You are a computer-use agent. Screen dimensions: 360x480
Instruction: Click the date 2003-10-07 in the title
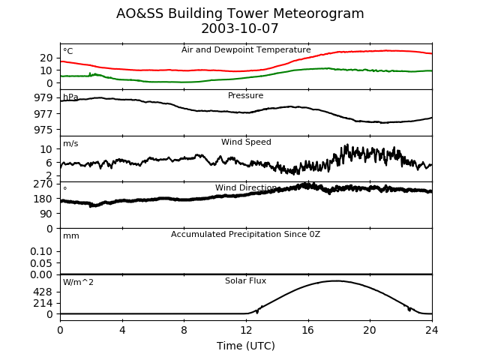pyautogui.click(x=240, y=29)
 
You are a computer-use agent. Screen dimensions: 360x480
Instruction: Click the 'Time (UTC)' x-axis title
pyautogui.click(x=246, y=346)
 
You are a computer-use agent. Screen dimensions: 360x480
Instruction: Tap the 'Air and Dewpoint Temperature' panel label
pyautogui.click(x=246, y=49)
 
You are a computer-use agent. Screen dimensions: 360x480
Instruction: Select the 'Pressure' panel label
pyautogui.click(x=246, y=96)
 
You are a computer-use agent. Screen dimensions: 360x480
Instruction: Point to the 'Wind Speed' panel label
pyautogui.click(x=246, y=142)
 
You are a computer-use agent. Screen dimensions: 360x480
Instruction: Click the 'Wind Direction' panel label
pyautogui.click(x=246, y=188)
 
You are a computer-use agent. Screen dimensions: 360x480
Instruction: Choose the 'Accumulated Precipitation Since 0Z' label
pyautogui.click(x=246, y=235)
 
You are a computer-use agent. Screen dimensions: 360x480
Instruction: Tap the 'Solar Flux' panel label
pyautogui.click(x=246, y=281)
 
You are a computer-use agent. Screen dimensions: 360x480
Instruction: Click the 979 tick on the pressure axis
pyautogui.click(x=43, y=98)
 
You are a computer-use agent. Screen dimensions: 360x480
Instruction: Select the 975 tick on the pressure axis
pyautogui.click(x=43, y=130)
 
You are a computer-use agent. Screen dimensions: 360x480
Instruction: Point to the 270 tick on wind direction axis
pyautogui.click(x=43, y=184)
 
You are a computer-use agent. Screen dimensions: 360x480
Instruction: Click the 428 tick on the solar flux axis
pyautogui.click(x=43, y=292)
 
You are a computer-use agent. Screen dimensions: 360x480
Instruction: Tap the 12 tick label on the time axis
pyautogui.click(x=246, y=329)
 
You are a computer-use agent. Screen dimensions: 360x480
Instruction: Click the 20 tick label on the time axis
pyautogui.click(x=370, y=329)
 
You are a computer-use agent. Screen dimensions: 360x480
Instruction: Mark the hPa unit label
pyautogui.click(x=70, y=97)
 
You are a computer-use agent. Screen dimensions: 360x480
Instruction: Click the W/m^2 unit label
pyautogui.click(x=79, y=283)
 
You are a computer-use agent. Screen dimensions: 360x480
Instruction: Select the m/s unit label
pyautogui.click(x=70, y=144)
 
